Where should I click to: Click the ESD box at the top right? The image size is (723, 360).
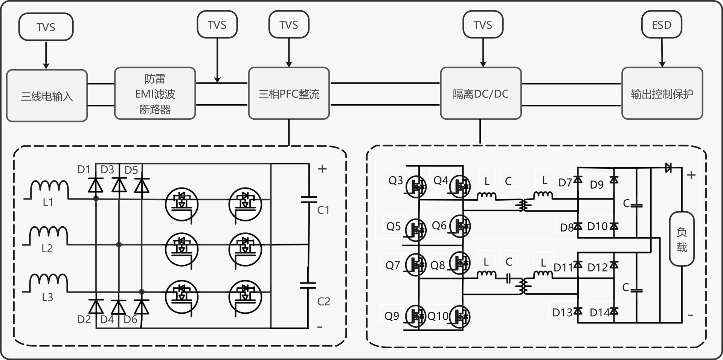point(662,25)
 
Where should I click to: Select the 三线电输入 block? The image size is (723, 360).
point(47,96)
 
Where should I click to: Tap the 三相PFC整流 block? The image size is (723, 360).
point(289,93)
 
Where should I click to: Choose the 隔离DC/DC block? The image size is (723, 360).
point(480,93)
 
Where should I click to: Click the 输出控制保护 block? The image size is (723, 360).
point(662,93)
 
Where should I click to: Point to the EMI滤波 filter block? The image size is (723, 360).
point(155,93)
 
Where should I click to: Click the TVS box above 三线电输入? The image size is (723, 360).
point(46,27)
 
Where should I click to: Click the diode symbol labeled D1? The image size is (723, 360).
point(96,185)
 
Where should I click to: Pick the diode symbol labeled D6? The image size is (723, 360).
point(142,307)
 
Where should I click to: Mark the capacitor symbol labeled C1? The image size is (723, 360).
point(309,199)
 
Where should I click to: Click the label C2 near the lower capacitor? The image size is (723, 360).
point(323,301)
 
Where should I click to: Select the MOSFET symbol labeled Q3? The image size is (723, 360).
point(416,186)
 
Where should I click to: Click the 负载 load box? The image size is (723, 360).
point(682,239)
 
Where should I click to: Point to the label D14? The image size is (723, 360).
point(599,312)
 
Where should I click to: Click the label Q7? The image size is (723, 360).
point(392,265)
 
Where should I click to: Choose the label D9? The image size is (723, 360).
point(596,185)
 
